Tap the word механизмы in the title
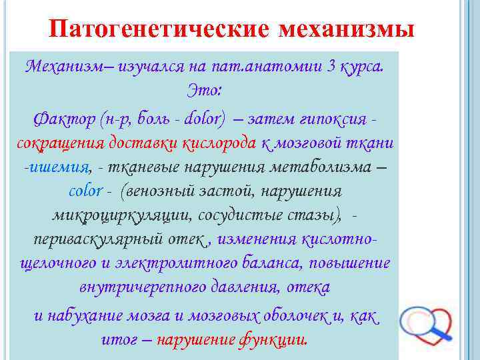(x=347, y=30)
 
